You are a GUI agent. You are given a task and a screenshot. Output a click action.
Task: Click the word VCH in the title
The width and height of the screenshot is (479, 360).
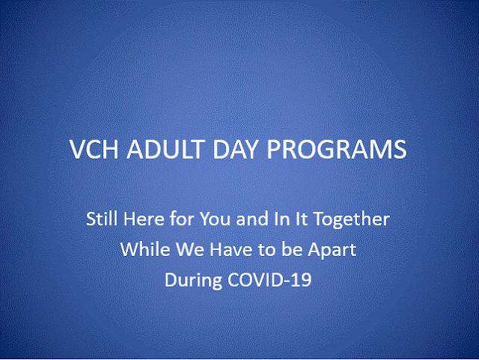(94, 150)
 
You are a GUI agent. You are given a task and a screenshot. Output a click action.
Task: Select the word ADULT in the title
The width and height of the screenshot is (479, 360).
(165, 150)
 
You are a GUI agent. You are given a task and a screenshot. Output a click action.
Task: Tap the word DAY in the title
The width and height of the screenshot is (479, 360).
(236, 150)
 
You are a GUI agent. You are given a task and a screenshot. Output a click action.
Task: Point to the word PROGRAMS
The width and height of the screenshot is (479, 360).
(337, 150)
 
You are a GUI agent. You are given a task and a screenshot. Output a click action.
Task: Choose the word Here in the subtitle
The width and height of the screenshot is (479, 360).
(144, 219)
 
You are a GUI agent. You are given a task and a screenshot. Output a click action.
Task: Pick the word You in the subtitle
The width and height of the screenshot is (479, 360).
(215, 219)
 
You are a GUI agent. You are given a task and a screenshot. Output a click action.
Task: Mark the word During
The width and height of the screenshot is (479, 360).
(193, 281)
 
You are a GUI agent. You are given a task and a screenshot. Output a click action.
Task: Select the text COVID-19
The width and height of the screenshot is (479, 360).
(269, 279)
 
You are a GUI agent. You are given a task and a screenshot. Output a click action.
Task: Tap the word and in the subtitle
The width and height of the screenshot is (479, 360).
(252, 219)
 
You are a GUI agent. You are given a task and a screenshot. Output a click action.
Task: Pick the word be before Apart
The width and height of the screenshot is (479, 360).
(292, 249)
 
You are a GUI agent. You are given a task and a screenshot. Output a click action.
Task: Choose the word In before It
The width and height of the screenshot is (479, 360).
(281, 219)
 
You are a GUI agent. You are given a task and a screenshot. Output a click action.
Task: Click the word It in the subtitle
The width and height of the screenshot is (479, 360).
(301, 219)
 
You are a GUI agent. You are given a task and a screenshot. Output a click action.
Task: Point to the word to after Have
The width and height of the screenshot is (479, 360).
(267, 250)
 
